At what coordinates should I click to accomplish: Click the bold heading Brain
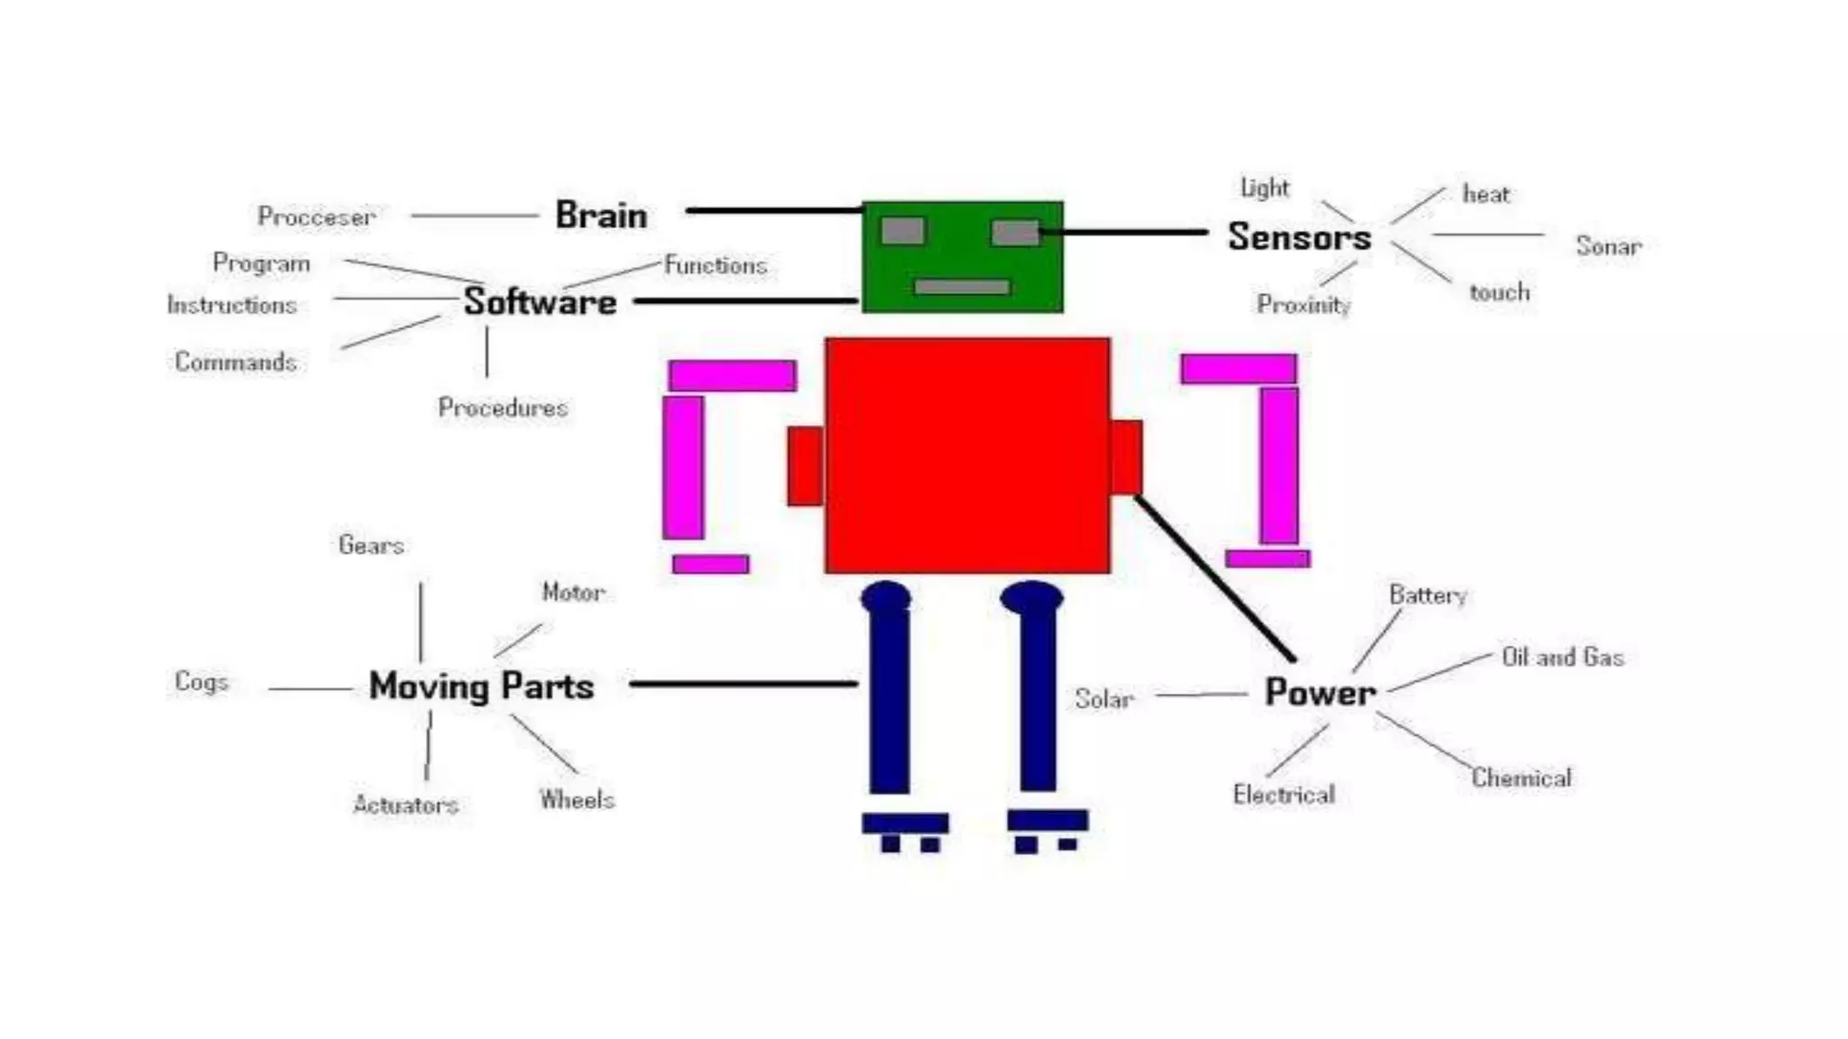point(601,216)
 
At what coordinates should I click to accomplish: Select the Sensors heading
point(1299,237)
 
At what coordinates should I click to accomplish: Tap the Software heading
point(540,302)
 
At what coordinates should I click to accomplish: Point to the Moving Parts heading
point(481,686)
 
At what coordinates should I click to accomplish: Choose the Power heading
point(1320,693)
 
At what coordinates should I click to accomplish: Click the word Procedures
point(503,408)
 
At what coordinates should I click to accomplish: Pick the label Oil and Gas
point(1562,657)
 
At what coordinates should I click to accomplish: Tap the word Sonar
point(1608,246)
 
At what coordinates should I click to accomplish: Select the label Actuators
point(405,805)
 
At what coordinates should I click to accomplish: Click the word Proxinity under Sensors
point(1303,305)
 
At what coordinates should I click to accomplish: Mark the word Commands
point(236,362)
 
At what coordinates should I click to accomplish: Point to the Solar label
point(1104,699)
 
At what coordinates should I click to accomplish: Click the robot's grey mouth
point(962,287)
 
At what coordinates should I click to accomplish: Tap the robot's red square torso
point(967,455)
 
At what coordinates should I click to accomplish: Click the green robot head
point(962,258)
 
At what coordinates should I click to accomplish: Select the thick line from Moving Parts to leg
point(743,684)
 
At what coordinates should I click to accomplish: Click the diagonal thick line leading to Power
point(1215,578)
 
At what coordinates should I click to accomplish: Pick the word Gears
point(371,545)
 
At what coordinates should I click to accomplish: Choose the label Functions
point(716,265)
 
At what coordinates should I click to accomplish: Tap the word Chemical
point(1521,777)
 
